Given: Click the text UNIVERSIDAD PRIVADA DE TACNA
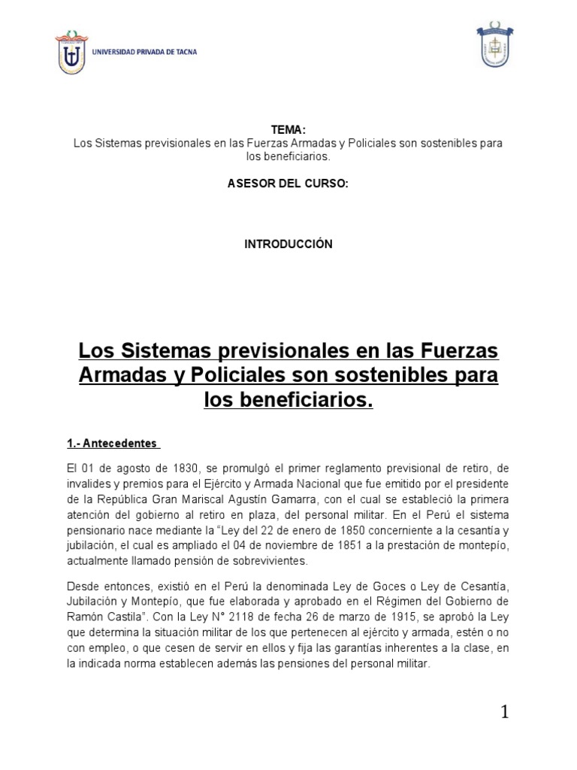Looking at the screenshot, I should (x=145, y=52).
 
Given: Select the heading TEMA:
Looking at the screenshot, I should (x=288, y=129).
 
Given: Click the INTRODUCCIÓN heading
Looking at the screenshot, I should (x=288, y=244).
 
